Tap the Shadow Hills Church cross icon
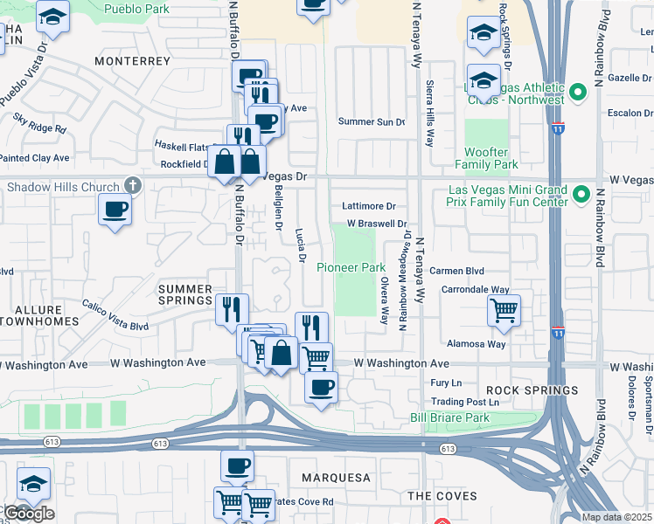(x=132, y=186)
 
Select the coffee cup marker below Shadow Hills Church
(x=115, y=210)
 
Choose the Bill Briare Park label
(x=450, y=418)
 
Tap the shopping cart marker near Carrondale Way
(x=504, y=309)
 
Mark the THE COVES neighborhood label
(x=431, y=495)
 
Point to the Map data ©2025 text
(x=617, y=517)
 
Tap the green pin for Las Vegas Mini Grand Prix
(x=580, y=197)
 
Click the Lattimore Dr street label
(x=369, y=206)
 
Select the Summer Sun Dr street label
(x=372, y=122)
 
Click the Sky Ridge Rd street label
(x=41, y=122)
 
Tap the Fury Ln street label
(x=446, y=383)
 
